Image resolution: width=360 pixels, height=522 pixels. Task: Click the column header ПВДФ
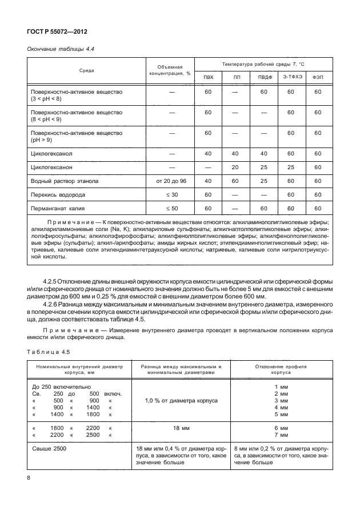(263, 77)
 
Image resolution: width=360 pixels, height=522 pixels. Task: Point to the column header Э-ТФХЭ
(291, 77)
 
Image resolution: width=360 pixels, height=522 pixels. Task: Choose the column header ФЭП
(318, 77)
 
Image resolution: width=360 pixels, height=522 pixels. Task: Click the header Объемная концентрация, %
(170, 70)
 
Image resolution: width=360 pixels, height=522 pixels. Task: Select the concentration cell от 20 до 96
(170, 181)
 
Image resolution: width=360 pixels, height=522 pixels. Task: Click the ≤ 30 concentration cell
(170, 194)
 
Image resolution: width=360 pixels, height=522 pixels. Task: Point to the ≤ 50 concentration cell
(170, 208)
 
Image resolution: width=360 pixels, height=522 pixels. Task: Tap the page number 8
(29, 477)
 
